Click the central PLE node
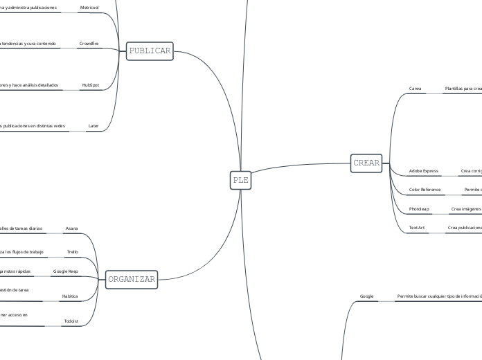tap(240, 180)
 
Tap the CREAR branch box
tap(366, 163)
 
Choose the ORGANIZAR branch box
tap(131, 280)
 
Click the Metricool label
tap(89, 6)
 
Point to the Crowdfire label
tap(89, 43)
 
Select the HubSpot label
tap(91, 84)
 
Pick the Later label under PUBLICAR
tap(93, 126)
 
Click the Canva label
tap(416, 89)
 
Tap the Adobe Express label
tap(424, 170)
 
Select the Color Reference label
tap(425, 189)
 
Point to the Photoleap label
tap(419, 208)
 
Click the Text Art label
tap(417, 227)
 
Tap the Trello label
tap(73, 251)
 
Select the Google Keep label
tap(66, 271)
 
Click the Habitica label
tap(70, 296)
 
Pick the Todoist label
tap(71, 321)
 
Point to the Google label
tap(367, 296)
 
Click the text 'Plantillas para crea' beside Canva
tap(463, 89)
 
